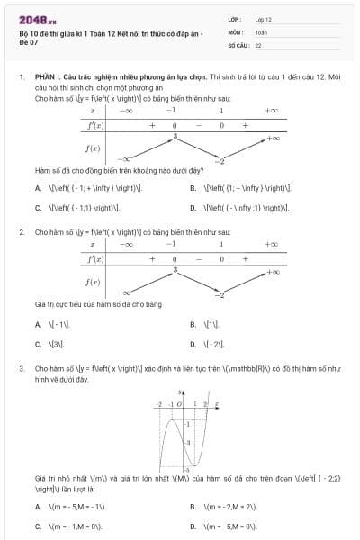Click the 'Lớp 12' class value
tap(264, 18)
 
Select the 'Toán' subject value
tap(262, 31)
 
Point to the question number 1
tap(21, 78)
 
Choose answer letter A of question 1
tap(38, 188)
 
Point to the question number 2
tap(21, 232)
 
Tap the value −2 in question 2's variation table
tap(220, 294)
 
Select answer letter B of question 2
tap(193, 323)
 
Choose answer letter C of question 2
tap(38, 343)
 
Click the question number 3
tap(21, 369)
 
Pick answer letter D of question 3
tap(193, 526)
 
